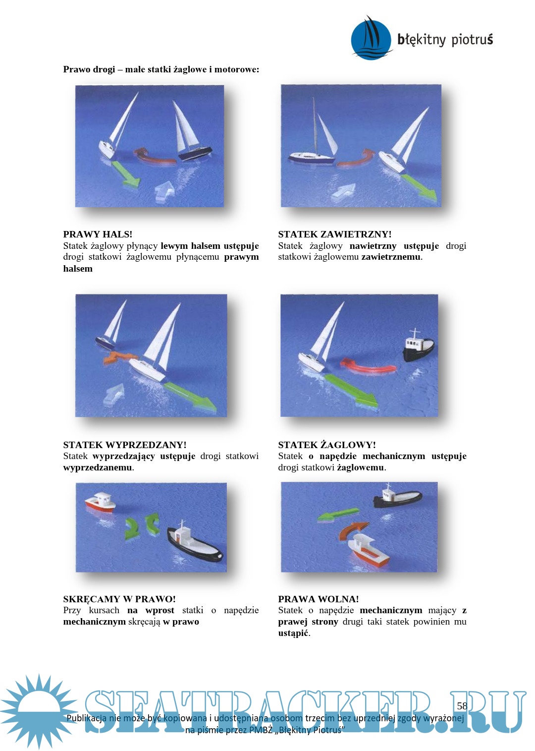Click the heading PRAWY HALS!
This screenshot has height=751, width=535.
98,234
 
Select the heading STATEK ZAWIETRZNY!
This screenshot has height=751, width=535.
335,234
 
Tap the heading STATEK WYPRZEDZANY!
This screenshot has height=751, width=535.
125,445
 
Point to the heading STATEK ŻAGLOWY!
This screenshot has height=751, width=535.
327,445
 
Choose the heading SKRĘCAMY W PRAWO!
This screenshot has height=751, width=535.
119,599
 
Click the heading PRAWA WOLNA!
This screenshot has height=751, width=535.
318,599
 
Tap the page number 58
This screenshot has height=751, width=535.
462,706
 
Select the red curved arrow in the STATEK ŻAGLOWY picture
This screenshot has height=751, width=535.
368,365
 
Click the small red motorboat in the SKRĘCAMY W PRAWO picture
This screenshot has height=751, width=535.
100,502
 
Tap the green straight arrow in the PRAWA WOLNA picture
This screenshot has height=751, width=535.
338,515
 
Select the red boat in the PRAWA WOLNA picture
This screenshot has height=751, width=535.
368,550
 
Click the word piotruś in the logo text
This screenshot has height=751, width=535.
472,40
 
